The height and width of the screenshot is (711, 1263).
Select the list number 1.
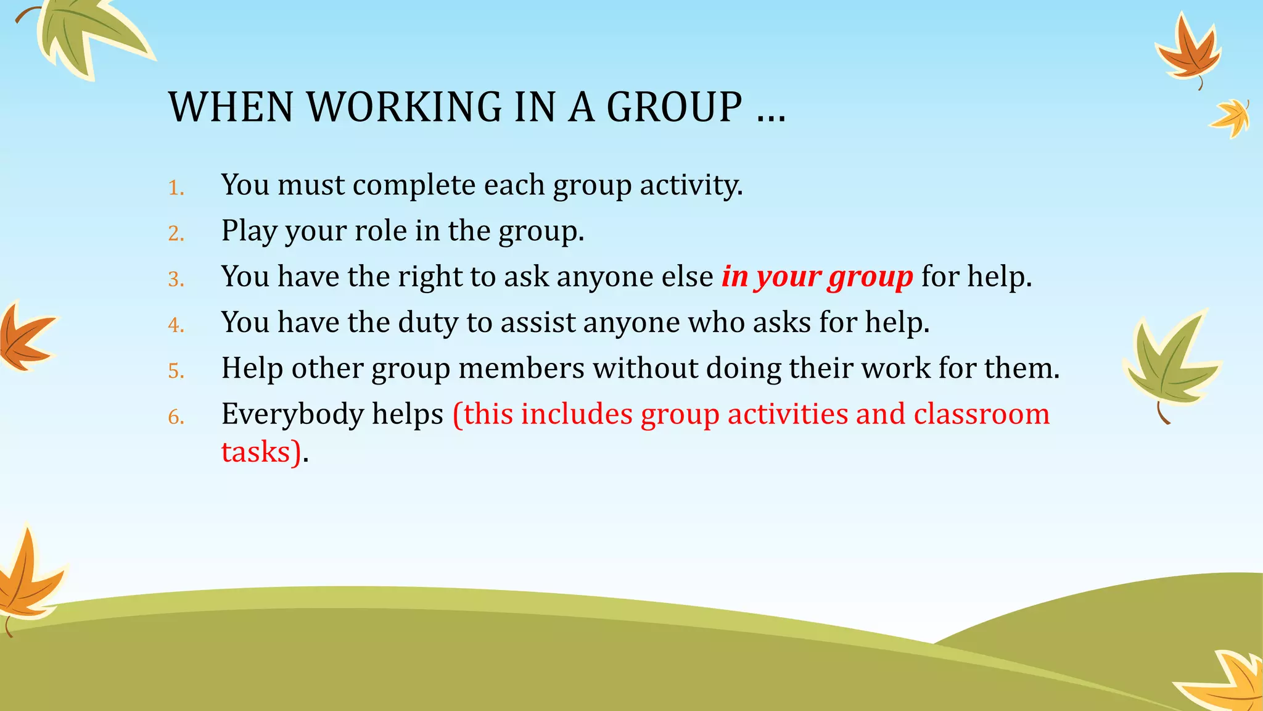pyautogui.click(x=176, y=188)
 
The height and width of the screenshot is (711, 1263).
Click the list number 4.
pyautogui.click(x=176, y=325)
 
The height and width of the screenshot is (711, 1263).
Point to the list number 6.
pyautogui.click(x=176, y=417)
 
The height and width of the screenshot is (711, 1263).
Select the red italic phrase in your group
pyautogui.click(x=817, y=277)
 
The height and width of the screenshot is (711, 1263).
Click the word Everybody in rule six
pyautogui.click(x=292, y=414)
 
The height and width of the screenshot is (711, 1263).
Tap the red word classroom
pyautogui.click(x=981, y=414)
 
